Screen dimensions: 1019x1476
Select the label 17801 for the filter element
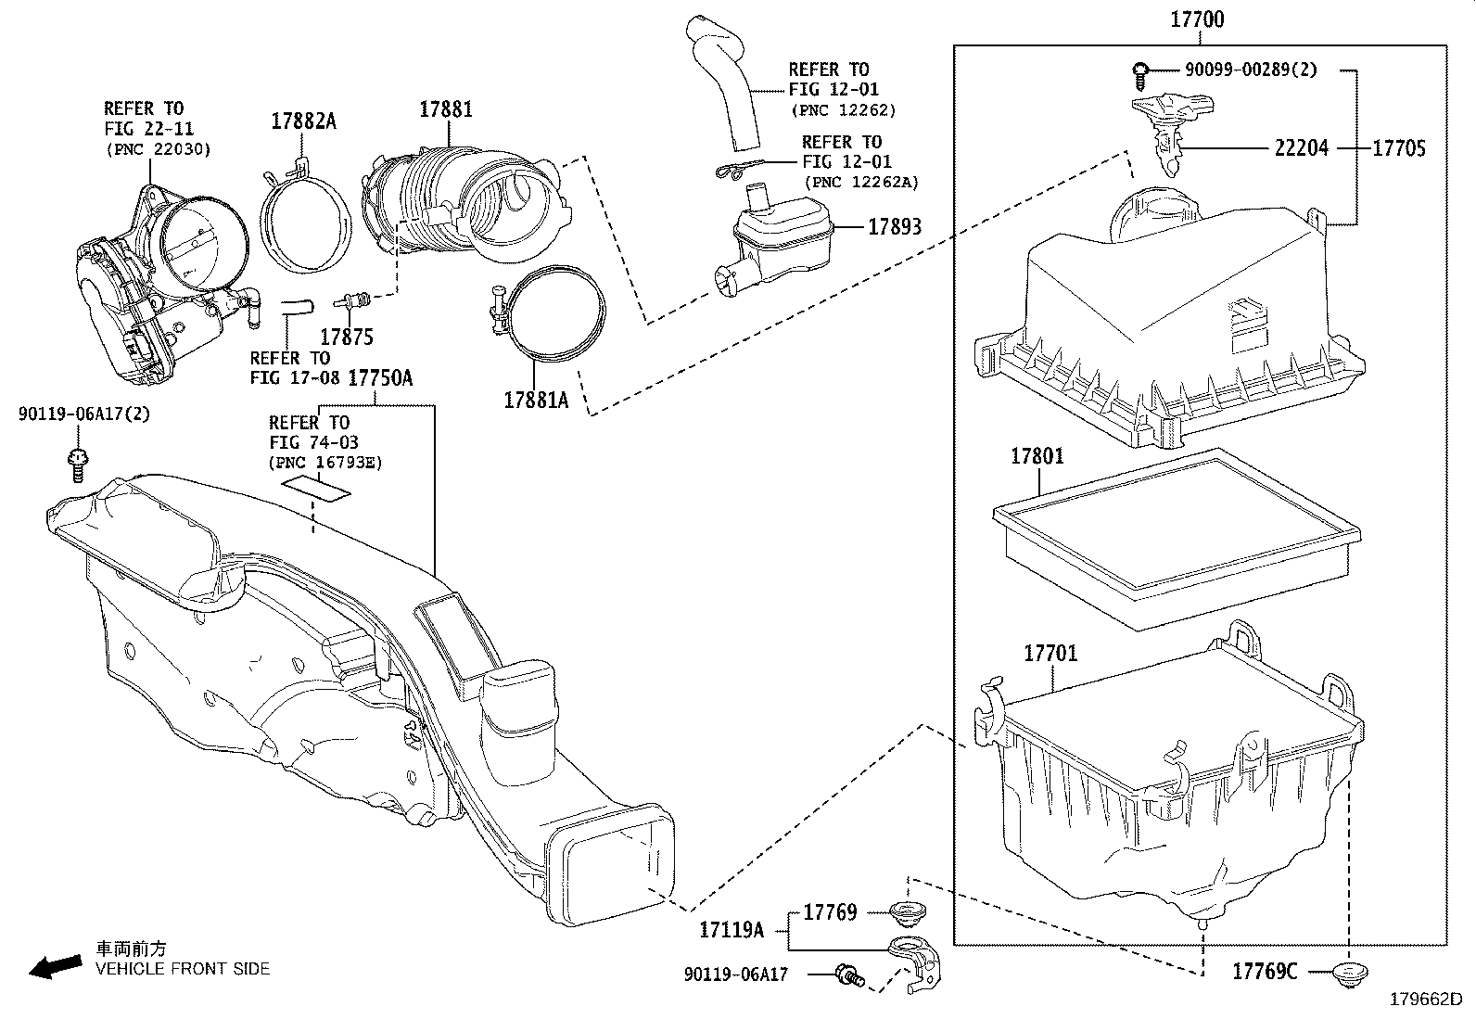click(1037, 456)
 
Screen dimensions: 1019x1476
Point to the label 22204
click(1301, 147)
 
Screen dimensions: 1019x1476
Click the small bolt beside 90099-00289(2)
click(1141, 70)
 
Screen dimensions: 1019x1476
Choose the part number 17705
click(1399, 147)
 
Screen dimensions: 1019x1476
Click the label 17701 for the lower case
click(1050, 653)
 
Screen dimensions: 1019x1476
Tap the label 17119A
click(732, 929)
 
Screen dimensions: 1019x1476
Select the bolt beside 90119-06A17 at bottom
click(848, 974)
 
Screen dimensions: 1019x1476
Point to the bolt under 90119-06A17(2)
click(78, 463)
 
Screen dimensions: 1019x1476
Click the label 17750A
click(380, 378)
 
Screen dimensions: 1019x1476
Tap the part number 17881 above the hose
click(445, 108)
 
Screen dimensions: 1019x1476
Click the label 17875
click(347, 337)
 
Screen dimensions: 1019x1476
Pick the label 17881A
click(536, 400)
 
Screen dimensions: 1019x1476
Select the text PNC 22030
click(159, 148)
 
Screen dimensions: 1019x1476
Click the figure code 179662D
click(1424, 1000)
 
